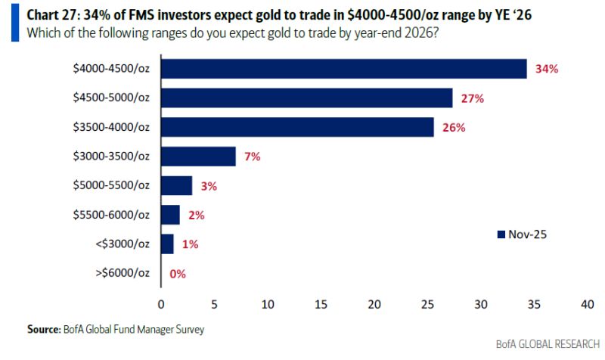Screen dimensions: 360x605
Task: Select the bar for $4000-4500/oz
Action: point(343,69)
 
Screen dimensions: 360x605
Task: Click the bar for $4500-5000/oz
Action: point(306,98)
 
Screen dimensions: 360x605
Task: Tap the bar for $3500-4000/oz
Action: point(297,127)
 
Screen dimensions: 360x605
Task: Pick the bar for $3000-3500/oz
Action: point(198,157)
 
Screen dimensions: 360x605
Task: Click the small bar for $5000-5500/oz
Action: point(176,185)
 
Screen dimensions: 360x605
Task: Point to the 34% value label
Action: point(546,69)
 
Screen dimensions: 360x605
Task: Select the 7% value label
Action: point(253,157)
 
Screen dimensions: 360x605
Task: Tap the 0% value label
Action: point(178,274)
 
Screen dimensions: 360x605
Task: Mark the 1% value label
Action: point(189,244)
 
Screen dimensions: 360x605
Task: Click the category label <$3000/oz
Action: point(123,244)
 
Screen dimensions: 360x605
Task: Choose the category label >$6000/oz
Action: point(123,274)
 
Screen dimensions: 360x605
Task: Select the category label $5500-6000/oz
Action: point(111,215)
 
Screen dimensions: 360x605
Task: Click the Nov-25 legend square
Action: point(500,234)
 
